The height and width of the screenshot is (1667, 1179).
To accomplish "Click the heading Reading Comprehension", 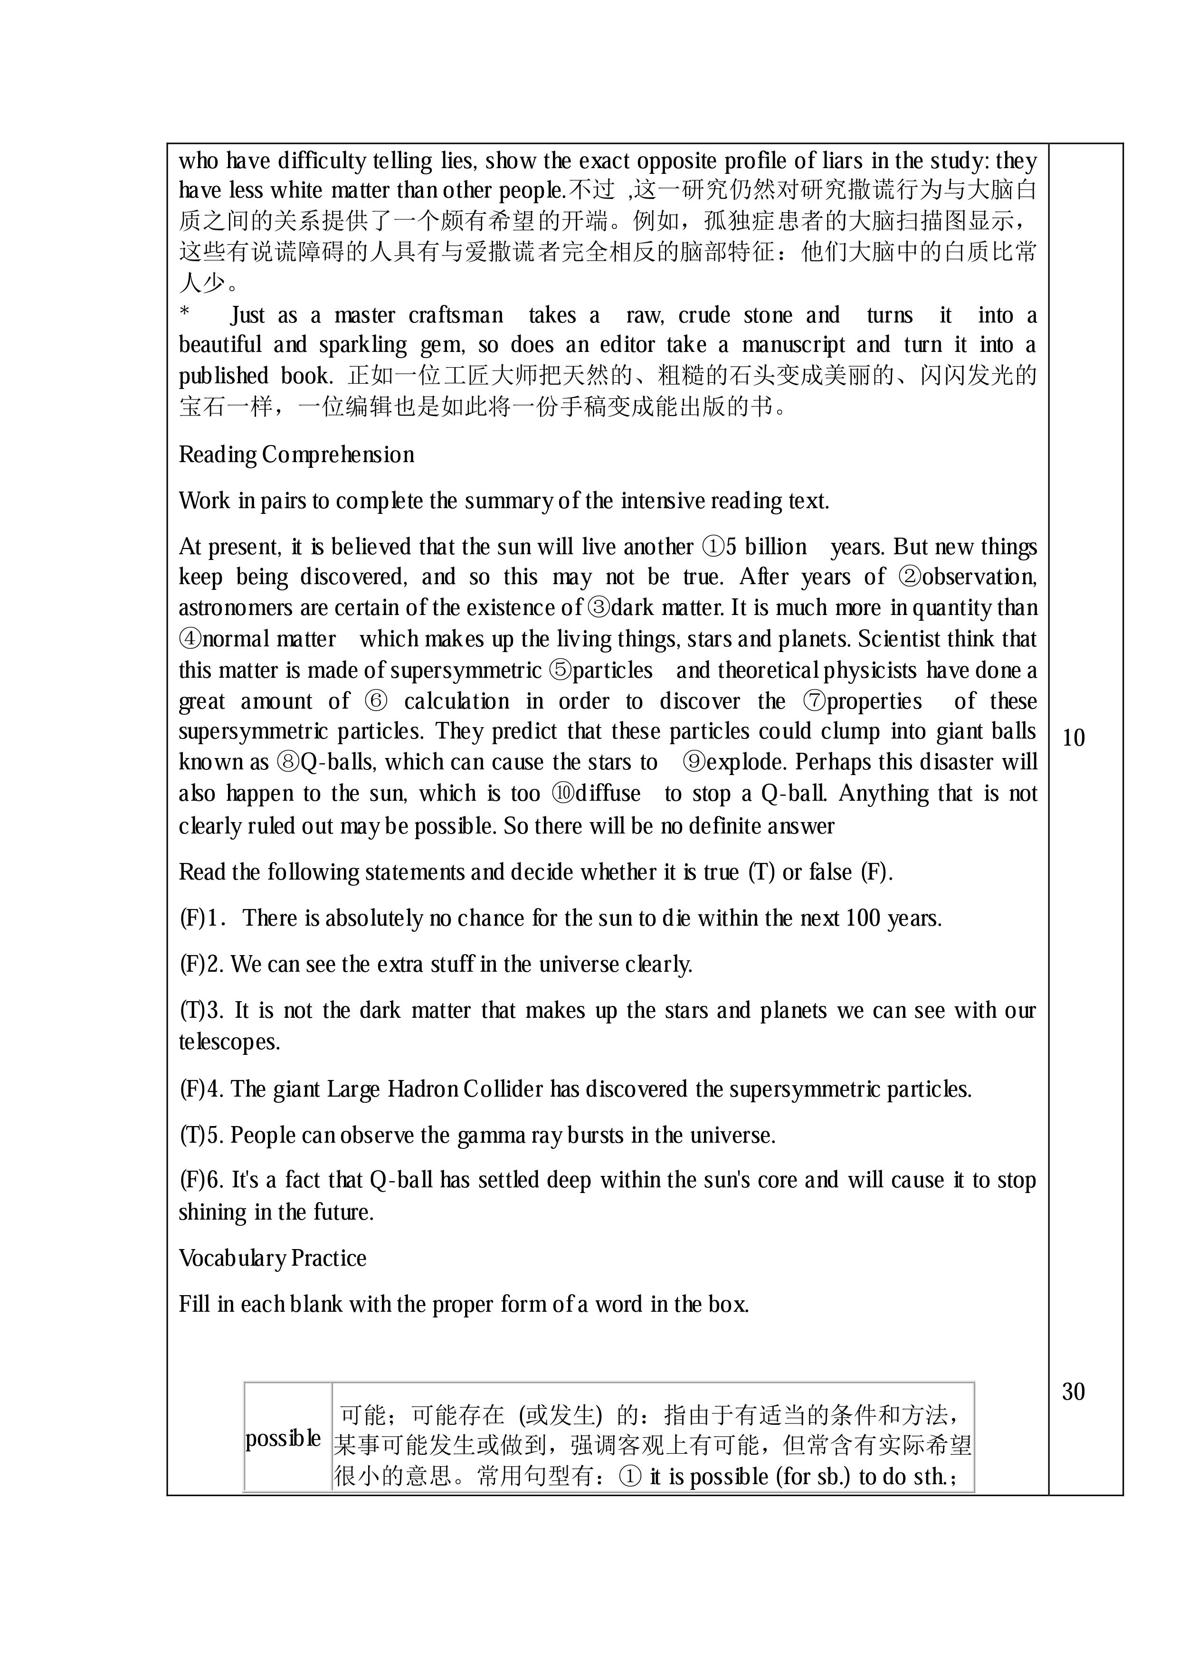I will (x=296, y=455).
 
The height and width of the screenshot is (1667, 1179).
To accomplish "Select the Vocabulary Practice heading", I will (x=272, y=1258).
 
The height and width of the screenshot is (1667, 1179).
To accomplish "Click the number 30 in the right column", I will (x=1073, y=1391).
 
